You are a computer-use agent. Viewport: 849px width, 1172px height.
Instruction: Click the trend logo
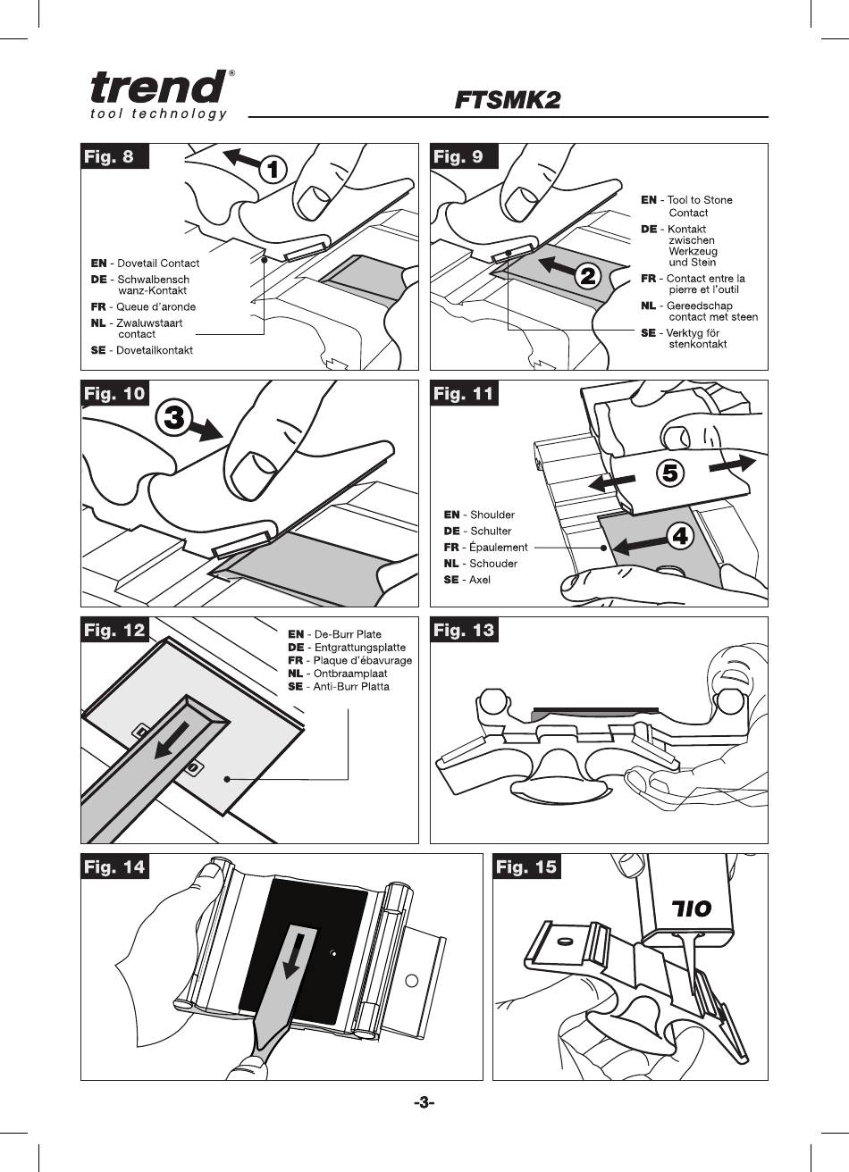[x=159, y=95]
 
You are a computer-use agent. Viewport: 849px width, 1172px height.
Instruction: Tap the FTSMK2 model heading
[x=508, y=100]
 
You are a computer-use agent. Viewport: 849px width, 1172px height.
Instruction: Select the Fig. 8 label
[x=114, y=156]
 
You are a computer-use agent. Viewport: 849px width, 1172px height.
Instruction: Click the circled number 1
[x=274, y=170]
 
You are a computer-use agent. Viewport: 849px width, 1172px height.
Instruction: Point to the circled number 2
[x=588, y=275]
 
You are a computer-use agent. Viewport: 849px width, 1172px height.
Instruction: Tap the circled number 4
[x=680, y=536]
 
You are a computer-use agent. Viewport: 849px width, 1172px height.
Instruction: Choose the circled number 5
[x=670, y=473]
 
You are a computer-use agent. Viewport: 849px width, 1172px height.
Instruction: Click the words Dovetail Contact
[x=158, y=264]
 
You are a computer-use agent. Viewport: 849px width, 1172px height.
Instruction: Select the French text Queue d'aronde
[x=156, y=306]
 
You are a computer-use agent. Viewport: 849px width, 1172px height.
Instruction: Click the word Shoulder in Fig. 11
[x=492, y=515]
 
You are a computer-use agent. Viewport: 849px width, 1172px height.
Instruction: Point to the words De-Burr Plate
[x=348, y=634]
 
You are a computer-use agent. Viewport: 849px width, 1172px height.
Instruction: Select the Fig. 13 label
[x=464, y=630]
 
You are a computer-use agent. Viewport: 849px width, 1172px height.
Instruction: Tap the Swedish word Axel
[x=479, y=580]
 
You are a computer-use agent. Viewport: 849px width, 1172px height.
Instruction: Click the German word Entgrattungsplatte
[x=359, y=648]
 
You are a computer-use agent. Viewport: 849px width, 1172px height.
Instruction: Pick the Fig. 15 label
[x=526, y=866]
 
